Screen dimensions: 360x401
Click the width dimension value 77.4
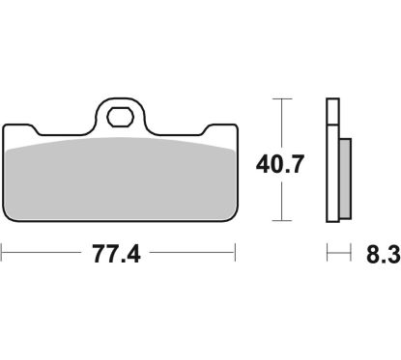118,256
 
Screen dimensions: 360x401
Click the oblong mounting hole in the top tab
120,121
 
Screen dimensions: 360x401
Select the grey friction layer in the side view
346,179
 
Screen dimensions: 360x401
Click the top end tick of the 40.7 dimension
280,98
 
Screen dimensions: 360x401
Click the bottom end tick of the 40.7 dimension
280,221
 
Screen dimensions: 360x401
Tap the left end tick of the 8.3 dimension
328,255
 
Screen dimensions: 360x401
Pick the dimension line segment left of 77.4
43,255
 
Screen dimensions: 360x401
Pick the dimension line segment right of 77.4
193,255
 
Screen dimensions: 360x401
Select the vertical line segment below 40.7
280,198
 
